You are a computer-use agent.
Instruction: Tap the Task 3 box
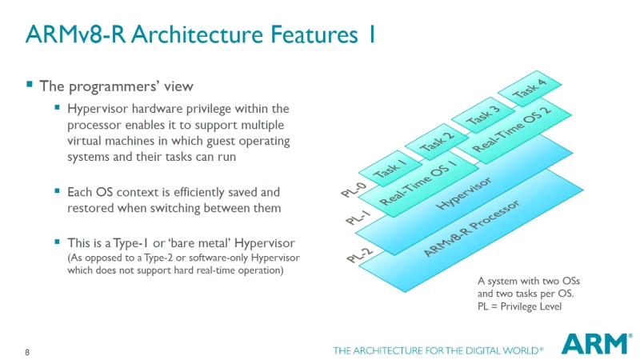(x=483, y=116)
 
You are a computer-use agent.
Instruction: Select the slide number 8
(x=28, y=353)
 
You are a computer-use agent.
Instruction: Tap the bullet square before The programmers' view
(x=30, y=84)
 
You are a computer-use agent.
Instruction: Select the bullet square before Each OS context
(x=58, y=192)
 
